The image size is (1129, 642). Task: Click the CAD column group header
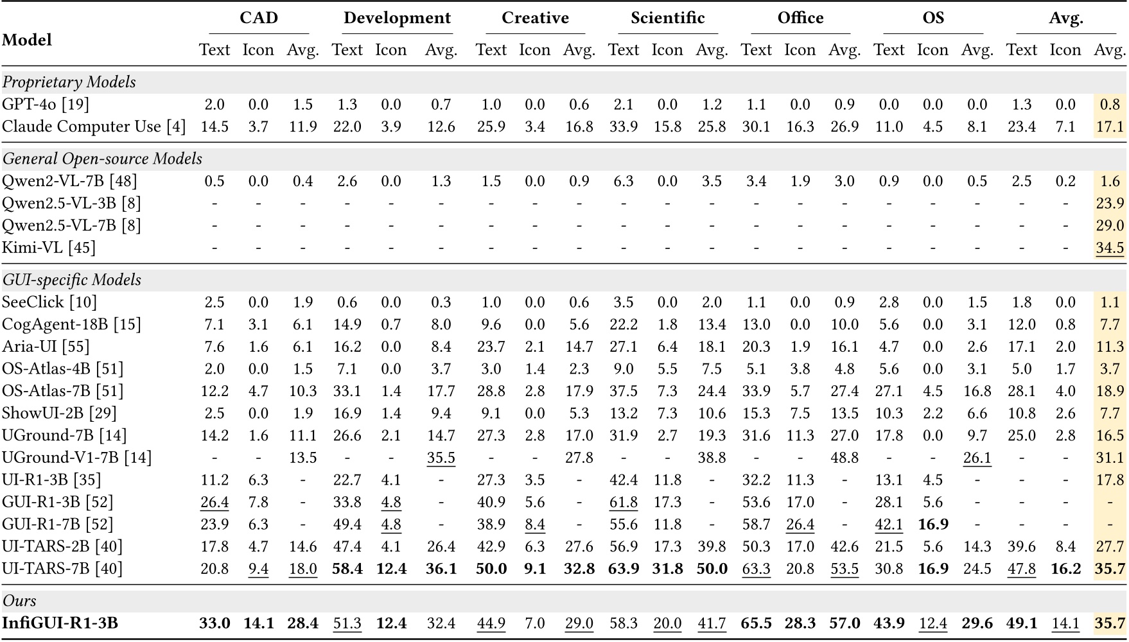tap(259, 17)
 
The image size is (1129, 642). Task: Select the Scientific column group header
tap(667, 17)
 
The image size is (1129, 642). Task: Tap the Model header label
tap(26, 40)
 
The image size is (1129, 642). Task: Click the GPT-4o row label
tap(45, 105)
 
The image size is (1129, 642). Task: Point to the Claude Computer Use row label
tap(94, 126)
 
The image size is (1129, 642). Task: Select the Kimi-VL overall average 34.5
tap(1110, 248)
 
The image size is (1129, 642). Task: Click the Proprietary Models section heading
tap(69, 82)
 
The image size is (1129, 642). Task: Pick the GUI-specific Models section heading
tap(71, 280)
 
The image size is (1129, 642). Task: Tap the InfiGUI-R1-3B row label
tap(60, 623)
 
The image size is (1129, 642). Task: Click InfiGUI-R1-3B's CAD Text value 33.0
tap(214, 623)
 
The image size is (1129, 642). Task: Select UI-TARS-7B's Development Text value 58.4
tap(347, 569)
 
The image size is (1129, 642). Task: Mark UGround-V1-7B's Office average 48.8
tap(844, 458)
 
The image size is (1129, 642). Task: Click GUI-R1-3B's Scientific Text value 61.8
tap(623, 502)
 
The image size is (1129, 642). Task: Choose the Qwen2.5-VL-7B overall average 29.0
tap(1110, 225)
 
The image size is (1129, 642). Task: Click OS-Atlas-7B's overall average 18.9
tap(1110, 391)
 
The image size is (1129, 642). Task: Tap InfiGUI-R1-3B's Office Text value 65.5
tap(756, 623)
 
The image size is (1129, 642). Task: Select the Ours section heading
tap(19, 601)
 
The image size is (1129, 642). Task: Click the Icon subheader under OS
tap(932, 50)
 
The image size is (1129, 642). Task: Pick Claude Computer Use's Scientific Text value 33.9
tap(623, 126)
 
